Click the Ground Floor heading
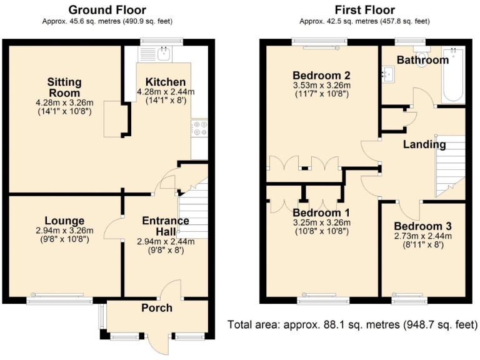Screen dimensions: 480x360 107,10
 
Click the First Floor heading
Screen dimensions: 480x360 364,10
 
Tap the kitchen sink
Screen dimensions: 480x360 165,54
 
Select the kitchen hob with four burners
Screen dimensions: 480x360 199,128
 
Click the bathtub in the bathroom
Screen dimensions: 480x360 453,74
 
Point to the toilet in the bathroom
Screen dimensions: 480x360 422,55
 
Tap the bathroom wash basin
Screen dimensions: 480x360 388,74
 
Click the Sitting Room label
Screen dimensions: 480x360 64,87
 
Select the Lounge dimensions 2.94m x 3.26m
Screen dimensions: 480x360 64,231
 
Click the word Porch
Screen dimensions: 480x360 157,307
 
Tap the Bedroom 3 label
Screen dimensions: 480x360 422,226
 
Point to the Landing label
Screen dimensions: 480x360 424,144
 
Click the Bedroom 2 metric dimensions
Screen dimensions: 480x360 322,86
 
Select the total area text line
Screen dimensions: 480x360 352,324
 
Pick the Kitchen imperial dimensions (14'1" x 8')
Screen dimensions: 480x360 166,100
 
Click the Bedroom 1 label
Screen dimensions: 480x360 321,212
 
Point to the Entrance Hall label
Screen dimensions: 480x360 166,226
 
